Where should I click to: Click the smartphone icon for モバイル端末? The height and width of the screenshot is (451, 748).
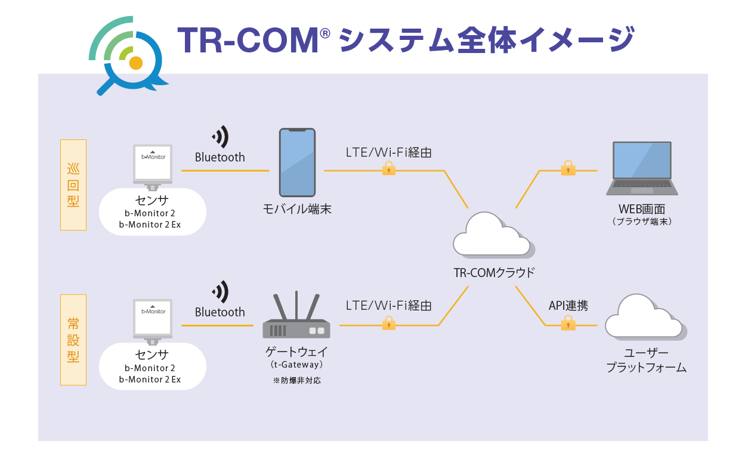pos(297,163)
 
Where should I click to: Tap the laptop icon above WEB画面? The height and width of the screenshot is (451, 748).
pos(642,168)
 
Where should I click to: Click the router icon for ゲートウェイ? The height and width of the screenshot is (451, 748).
pos(296,318)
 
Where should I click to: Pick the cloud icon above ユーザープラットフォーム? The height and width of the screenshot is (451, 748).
pos(645,318)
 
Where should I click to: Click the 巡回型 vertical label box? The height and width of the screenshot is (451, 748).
pos(73,185)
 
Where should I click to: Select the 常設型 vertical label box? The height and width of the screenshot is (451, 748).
pos(73,340)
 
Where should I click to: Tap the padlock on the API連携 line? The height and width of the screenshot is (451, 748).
pos(568,323)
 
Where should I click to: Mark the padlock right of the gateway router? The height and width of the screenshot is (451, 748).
pos(389,323)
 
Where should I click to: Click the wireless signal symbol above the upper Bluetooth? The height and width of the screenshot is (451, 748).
pos(220,137)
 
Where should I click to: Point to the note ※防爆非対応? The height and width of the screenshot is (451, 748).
pos(296,380)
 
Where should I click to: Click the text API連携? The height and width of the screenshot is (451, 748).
pos(568,306)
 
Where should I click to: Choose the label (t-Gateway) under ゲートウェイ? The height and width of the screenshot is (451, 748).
pos(296,365)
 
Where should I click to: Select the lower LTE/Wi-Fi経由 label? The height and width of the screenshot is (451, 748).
pos(388,306)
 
